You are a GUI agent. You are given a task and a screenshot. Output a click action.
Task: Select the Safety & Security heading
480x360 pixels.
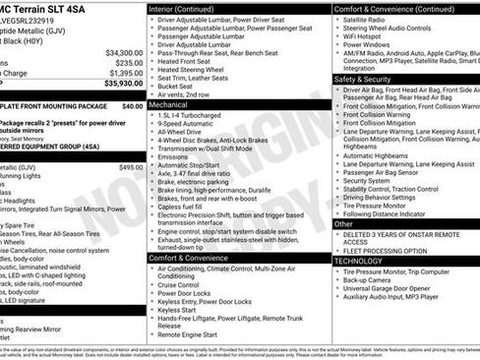tap(362, 79)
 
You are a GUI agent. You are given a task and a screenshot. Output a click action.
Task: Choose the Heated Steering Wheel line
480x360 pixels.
tap(193, 70)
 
